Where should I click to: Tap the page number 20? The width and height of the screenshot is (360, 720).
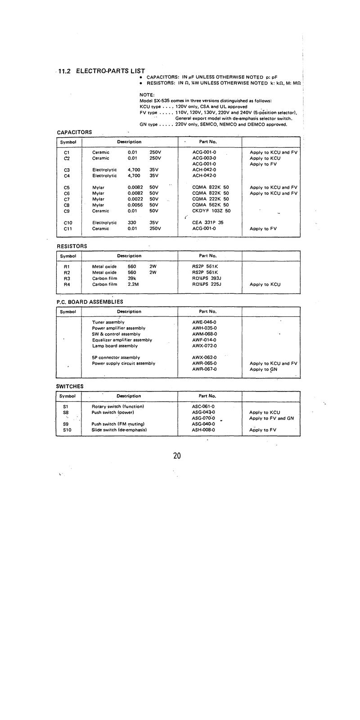pos(177,456)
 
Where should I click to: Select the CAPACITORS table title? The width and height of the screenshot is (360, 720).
pos(74,132)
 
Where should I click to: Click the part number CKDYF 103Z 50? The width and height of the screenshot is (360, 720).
pos(211,211)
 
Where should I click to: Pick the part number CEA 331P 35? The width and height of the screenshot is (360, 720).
pos(207,223)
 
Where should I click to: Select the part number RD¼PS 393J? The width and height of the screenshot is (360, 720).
pos(207,279)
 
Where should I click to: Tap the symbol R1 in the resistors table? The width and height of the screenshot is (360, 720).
pos(67,266)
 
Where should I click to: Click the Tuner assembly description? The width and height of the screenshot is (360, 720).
pos(108,322)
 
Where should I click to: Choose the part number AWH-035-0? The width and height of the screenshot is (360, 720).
pos(204,328)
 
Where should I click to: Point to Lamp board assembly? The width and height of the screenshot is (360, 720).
pos(115,346)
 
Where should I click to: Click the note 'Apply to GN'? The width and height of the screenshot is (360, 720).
pos(263,369)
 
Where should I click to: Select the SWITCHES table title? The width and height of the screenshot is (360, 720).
pos(70,387)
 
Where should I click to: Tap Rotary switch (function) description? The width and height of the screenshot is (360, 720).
pos(117,407)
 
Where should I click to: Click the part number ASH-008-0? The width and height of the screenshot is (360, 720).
pos(203,430)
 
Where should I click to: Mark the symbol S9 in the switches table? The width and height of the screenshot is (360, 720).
pos(66,424)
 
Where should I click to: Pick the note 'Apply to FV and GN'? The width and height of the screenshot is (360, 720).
pos(271,418)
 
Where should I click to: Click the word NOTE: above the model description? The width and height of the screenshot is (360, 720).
pos(147,95)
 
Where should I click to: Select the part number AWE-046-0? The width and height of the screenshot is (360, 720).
pos(204,322)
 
